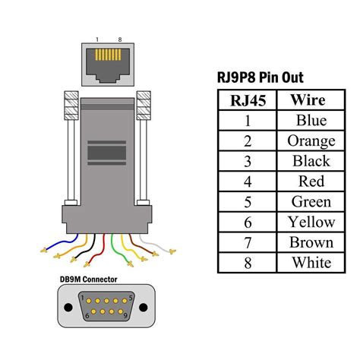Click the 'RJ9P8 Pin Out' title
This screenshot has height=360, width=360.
coord(261,78)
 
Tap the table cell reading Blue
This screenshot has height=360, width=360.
coord(310,121)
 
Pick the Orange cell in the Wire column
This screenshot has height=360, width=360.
coord(310,141)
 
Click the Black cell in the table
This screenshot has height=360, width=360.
coord(310,161)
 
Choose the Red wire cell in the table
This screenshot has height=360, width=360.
coord(310,182)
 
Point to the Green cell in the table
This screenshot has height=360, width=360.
coord(310,202)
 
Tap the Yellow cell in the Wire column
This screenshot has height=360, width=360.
coord(310,222)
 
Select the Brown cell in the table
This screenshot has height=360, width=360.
coord(310,242)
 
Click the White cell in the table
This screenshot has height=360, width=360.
coord(310,263)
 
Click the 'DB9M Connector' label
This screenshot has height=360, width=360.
coord(88,279)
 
